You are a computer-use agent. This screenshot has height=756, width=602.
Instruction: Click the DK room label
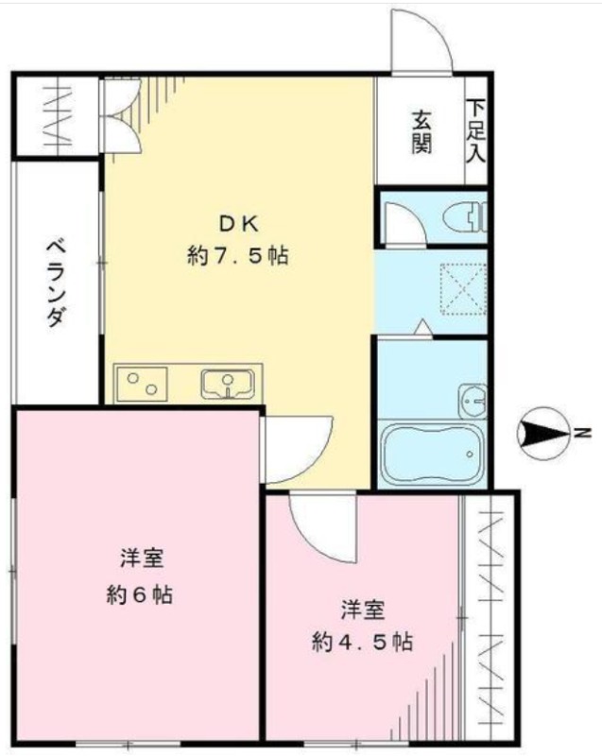[x=238, y=224]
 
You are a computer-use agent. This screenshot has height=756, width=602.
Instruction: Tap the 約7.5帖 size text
[x=238, y=255]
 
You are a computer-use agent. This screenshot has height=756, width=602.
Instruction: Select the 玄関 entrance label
[x=421, y=132]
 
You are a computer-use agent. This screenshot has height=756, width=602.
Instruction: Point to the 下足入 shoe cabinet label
[x=476, y=130]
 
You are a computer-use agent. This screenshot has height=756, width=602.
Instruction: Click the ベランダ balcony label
[x=56, y=283]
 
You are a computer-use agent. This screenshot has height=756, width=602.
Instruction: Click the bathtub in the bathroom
[x=431, y=454]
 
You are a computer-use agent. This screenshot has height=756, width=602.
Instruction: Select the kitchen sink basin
[x=228, y=385]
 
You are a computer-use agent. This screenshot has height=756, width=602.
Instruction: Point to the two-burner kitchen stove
[x=142, y=384]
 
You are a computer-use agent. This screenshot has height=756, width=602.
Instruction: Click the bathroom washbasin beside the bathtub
[x=473, y=401]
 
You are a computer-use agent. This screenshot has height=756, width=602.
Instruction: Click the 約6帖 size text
[x=140, y=595]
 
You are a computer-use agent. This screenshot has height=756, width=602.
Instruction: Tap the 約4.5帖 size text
[x=362, y=643]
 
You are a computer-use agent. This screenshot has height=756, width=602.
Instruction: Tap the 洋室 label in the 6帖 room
[x=142, y=559]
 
